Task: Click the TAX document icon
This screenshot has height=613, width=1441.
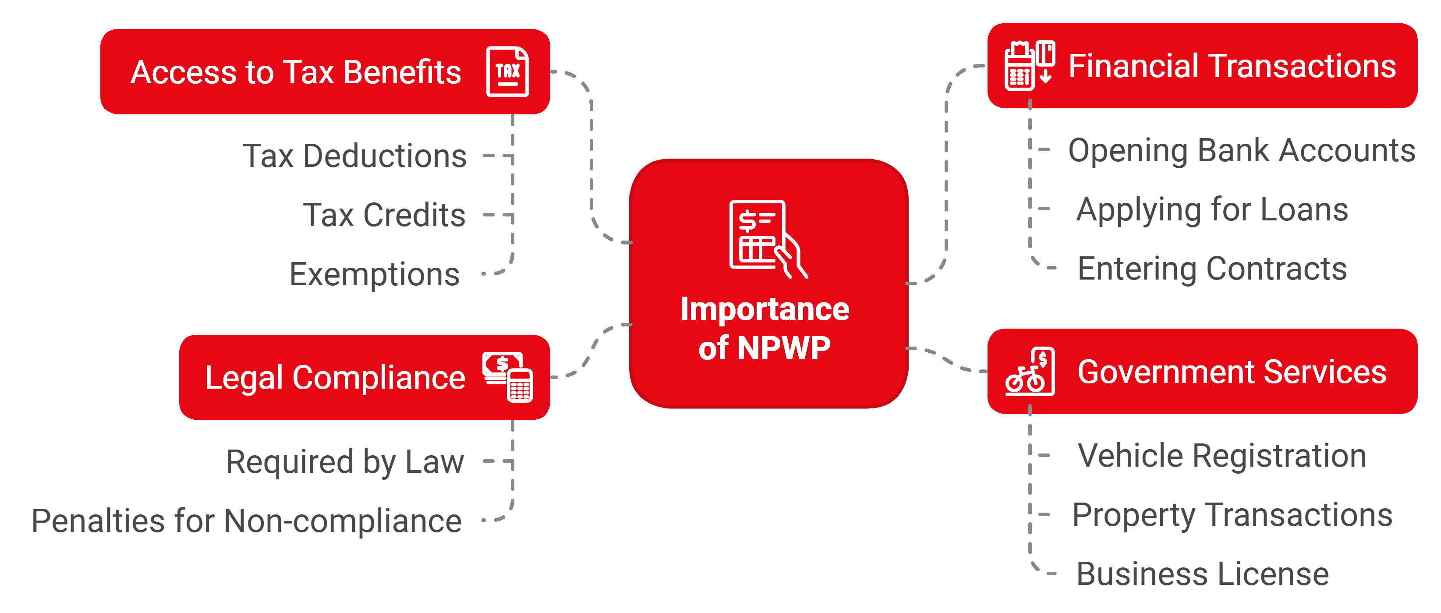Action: (507, 71)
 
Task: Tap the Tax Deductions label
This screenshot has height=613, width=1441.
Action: (354, 156)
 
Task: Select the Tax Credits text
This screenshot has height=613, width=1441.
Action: (384, 215)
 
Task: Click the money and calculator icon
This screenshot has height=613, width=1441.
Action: (508, 376)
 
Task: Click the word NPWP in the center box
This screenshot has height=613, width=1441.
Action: (783, 348)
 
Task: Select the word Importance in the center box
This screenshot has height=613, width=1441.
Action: (765, 309)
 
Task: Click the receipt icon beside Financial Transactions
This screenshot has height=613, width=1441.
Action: (1029, 65)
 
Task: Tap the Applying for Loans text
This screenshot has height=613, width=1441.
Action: (1212, 210)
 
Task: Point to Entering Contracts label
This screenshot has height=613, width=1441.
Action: (1212, 269)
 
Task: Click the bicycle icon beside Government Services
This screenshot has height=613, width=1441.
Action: (1029, 372)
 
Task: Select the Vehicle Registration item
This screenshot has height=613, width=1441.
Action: (1221, 456)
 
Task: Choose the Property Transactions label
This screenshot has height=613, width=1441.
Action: (1232, 515)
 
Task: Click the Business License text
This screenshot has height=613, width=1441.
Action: (1202, 574)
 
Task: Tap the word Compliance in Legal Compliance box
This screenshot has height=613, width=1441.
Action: (379, 378)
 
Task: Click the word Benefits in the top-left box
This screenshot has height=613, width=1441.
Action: (402, 72)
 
